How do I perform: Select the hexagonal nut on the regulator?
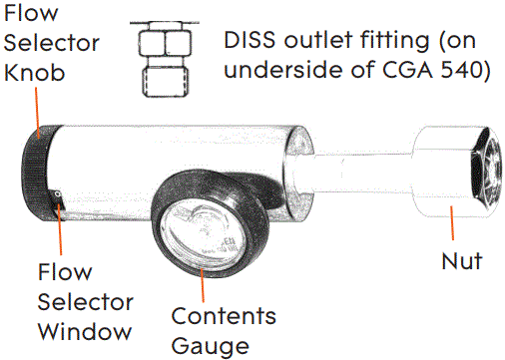click(451, 173)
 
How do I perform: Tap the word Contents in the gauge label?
click(223, 317)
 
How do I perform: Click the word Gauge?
click(209, 346)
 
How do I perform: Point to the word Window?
click(85, 330)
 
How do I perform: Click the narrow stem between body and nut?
click(358, 173)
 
